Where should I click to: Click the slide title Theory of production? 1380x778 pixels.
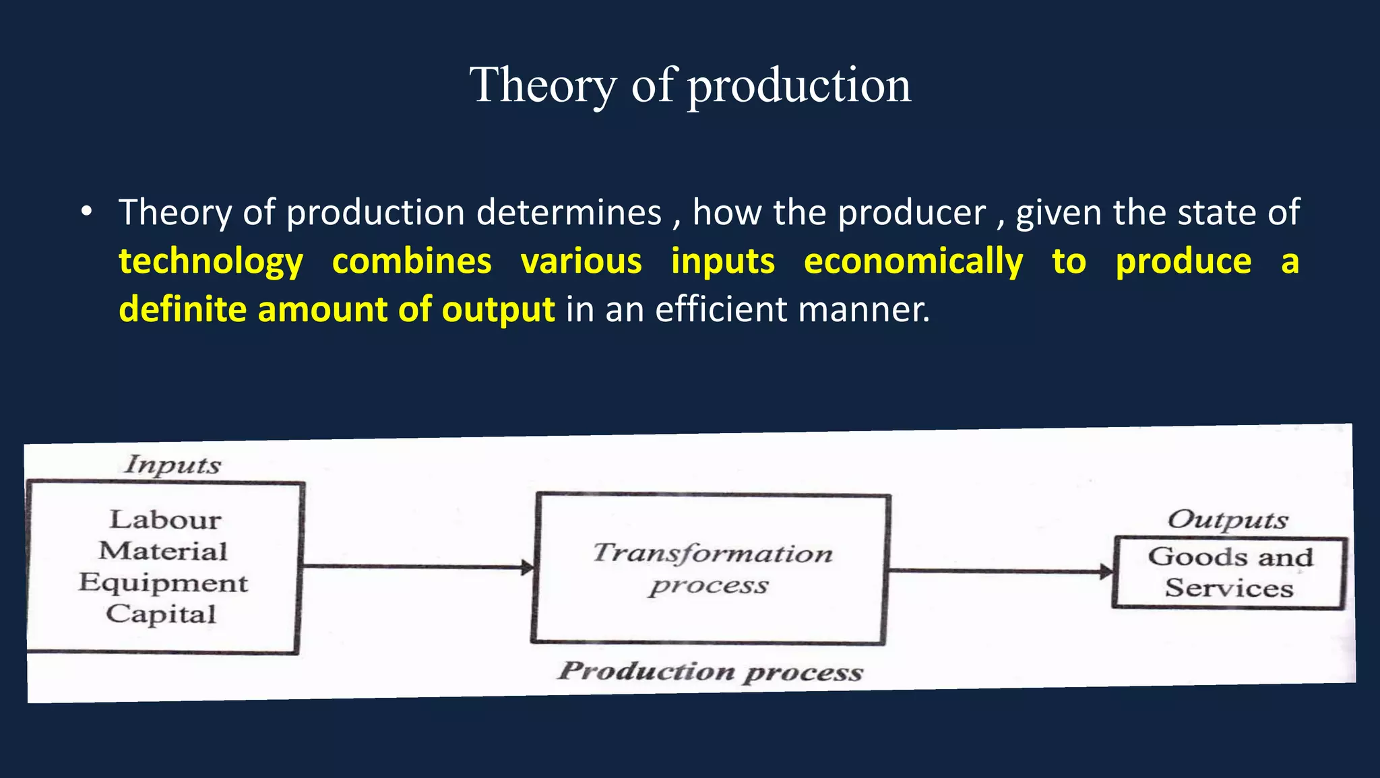click(x=690, y=86)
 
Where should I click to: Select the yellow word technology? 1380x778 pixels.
click(x=211, y=262)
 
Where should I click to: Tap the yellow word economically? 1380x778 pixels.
click(x=913, y=261)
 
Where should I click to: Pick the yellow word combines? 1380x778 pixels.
click(x=412, y=261)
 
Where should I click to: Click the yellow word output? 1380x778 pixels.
click(x=498, y=310)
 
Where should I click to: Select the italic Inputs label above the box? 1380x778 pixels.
click(x=172, y=464)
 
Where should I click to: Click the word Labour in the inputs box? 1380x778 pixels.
click(x=165, y=519)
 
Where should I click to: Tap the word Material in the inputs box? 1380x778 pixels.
click(x=163, y=551)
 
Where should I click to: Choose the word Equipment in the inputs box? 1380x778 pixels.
click(x=163, y=582)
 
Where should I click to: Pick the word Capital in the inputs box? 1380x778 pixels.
click(x=161, y=614)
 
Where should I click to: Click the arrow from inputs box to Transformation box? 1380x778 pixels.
click(x=418, y=566)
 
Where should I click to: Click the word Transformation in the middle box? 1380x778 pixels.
click(x=712, y=553)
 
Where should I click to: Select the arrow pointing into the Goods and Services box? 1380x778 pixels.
click(x=1001, y=571)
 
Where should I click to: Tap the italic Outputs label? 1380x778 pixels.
click(x=1227, y=519)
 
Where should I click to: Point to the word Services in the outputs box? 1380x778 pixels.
click(x=1229, y=588)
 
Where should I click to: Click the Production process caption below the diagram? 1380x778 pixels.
click(x=710, y=671)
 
